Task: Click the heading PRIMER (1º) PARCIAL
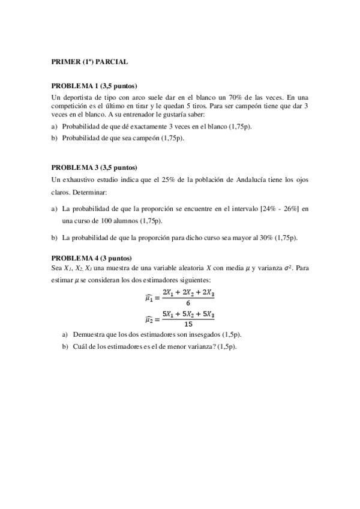coord(89,61)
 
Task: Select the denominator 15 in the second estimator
coord(180,324)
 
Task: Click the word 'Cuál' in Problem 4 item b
coord(79,347)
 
